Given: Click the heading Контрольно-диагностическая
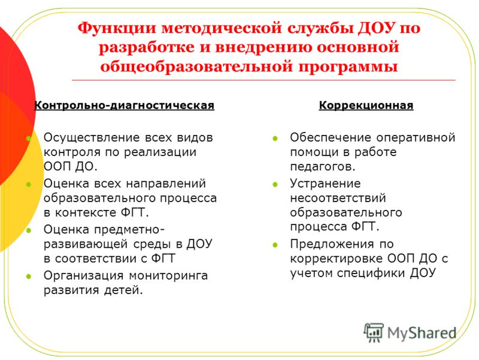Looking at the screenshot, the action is coord(124,106).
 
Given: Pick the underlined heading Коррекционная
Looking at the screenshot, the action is coord(366,106).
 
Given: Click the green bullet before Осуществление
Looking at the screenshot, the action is coord(29,139).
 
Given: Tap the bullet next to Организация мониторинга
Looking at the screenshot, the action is coord(29,276).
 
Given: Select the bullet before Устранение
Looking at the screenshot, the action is coord(275,184).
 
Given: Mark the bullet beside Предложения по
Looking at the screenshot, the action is coord(275,245).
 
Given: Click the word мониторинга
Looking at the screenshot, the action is coord(168,276).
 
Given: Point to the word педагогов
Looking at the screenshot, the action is coord(321,167).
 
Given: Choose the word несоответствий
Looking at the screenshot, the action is coord(338,198).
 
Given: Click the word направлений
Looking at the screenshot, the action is coord(166,184).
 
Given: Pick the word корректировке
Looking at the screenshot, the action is coord(336,259).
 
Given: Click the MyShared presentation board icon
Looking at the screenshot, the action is coord(374,332).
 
